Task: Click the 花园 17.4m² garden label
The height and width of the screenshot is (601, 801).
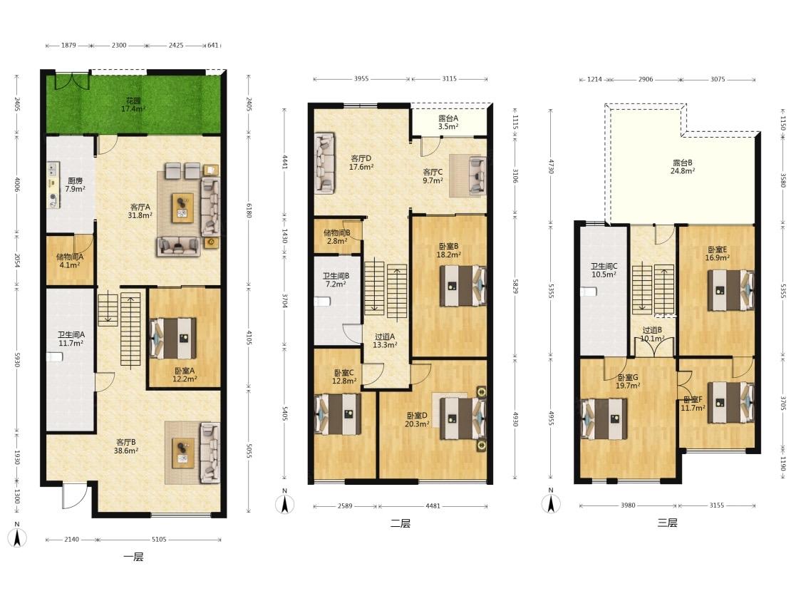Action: point(133,105)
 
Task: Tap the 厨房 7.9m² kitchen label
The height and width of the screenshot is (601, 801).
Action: point(75,185)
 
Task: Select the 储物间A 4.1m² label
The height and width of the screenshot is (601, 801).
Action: point(69,261)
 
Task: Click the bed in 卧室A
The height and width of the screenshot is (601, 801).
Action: point(173,339)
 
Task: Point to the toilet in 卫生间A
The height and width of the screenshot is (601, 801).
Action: point(54,356)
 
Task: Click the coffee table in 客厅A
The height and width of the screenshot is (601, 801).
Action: point(182,207)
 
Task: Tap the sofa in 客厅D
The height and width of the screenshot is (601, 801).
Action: point(324,163)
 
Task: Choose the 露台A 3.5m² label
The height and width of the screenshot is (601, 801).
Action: point(448,122)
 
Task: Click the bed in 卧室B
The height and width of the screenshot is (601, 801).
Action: point(462,286)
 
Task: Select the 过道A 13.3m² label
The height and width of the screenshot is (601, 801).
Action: point(385,341)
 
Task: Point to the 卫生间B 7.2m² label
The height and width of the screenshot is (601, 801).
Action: point(336,280)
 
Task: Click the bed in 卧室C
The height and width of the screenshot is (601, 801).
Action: point(338,414)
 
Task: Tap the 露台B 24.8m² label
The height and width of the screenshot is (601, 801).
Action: point(682,167)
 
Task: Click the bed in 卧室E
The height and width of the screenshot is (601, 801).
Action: point(730,290)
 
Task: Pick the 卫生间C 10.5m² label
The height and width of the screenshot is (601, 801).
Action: point(604,270)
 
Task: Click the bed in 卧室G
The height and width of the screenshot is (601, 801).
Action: point(604,418)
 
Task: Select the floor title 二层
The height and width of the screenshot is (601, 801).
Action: point(400,523)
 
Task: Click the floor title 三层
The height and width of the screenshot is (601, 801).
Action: point(667,523)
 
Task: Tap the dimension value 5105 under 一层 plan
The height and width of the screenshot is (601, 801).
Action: point(159,539)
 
